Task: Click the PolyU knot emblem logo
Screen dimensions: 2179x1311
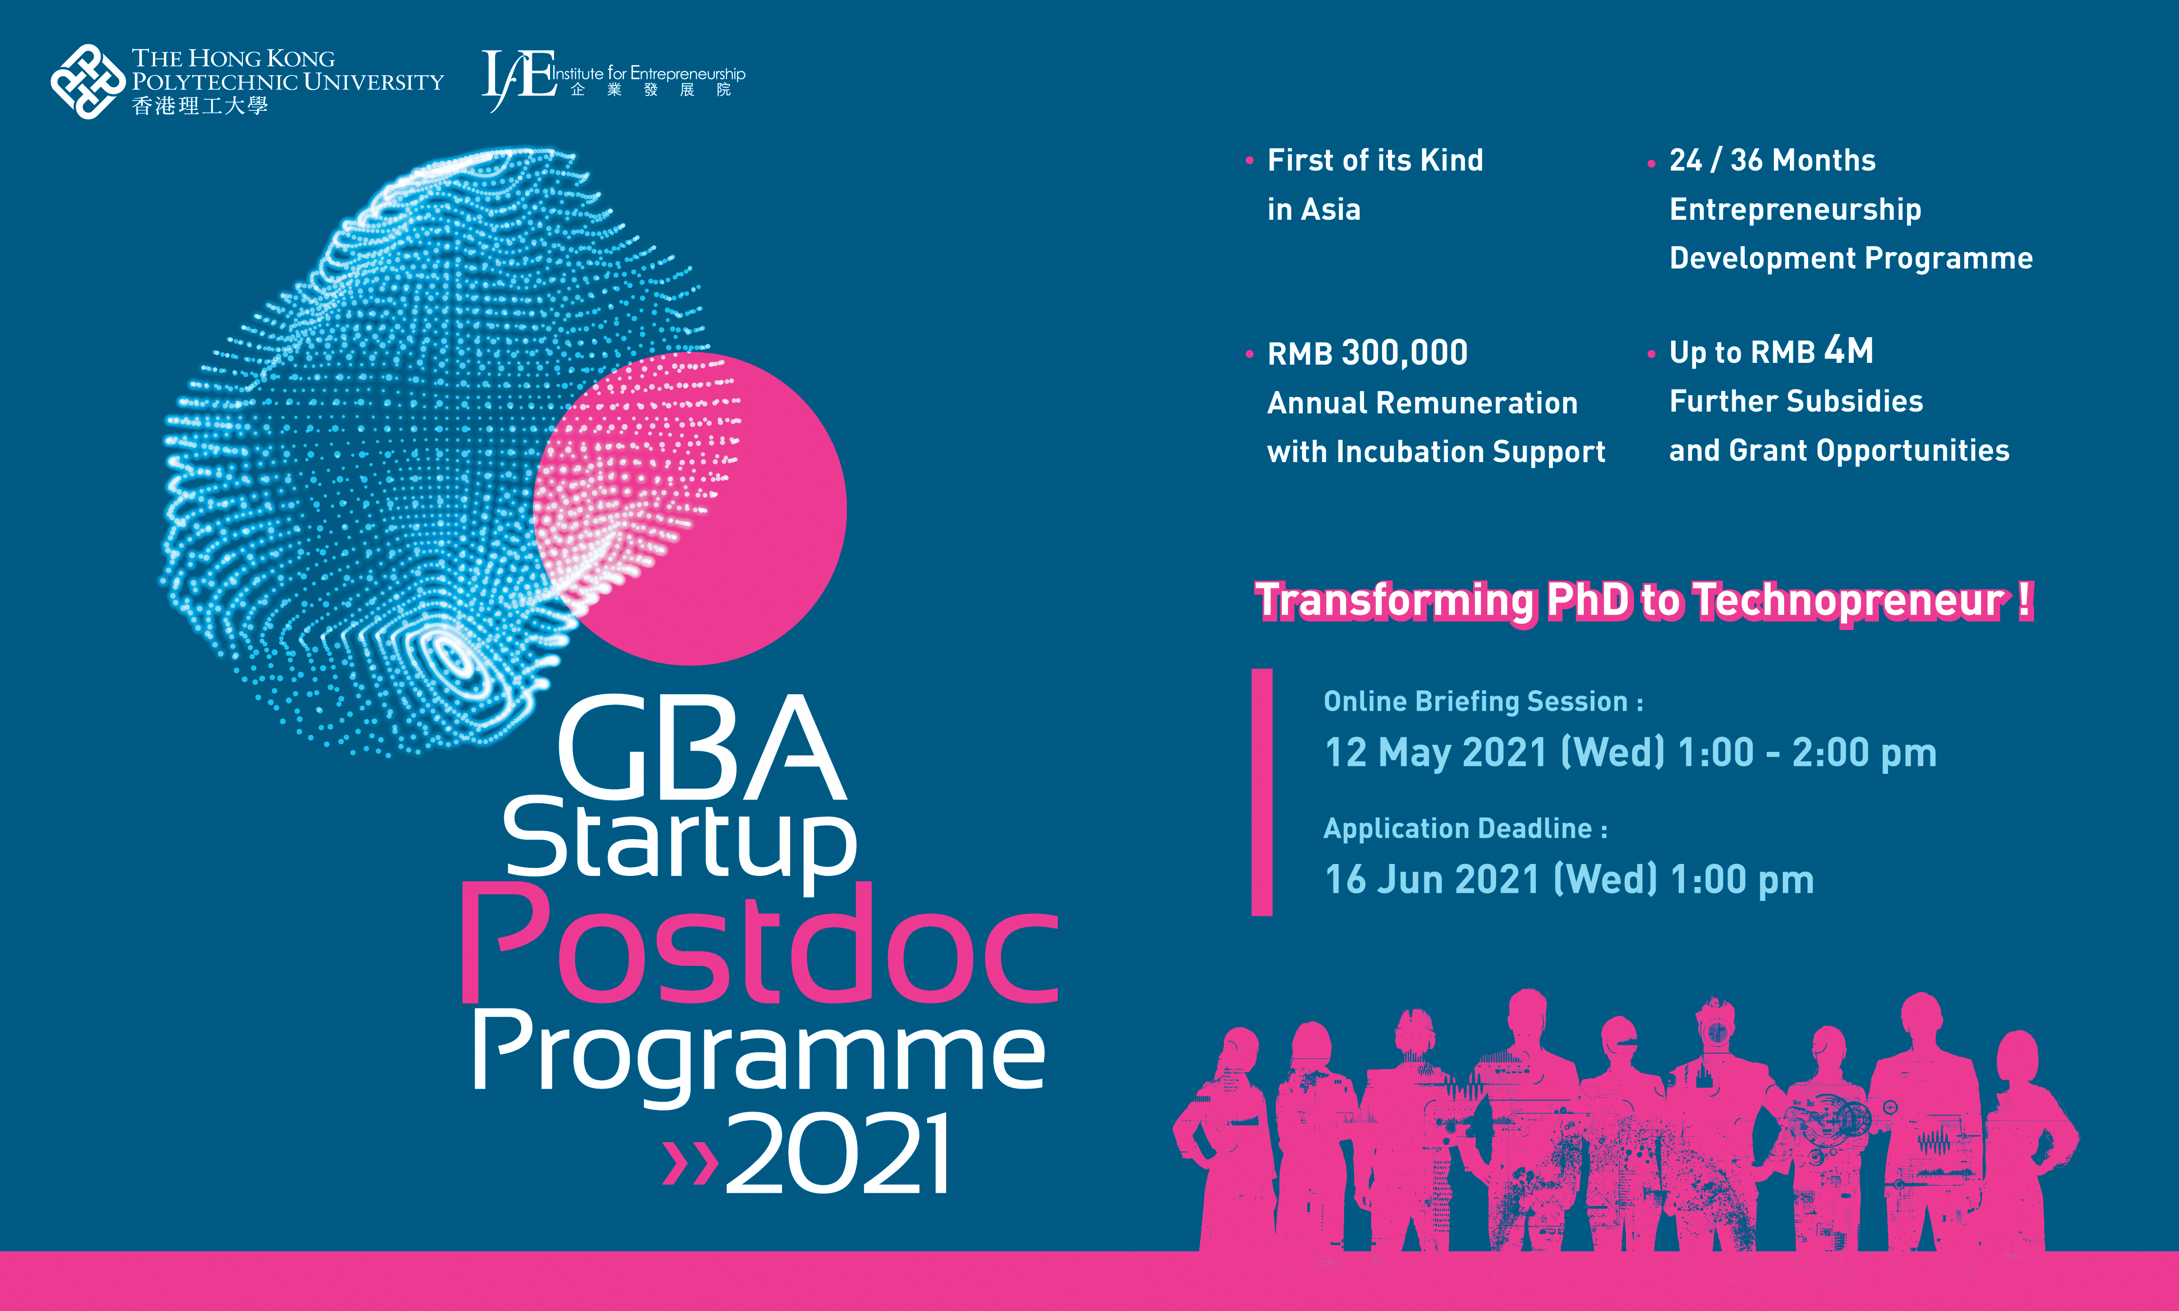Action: [87, 81]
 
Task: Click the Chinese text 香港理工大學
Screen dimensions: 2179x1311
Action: [200, 106]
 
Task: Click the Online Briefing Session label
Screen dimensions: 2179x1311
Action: [1483, 701]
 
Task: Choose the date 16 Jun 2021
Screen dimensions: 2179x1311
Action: [1431, 880]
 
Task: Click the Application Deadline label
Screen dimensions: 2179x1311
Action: [1465, 829]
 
